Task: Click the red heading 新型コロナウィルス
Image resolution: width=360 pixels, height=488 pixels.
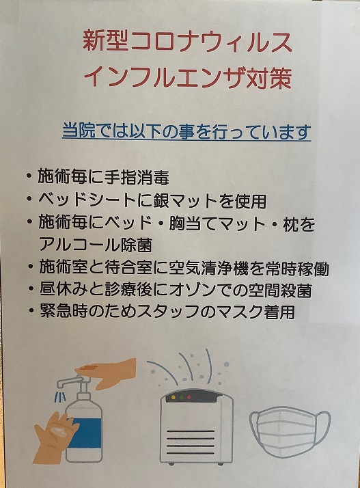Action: pos(187,42)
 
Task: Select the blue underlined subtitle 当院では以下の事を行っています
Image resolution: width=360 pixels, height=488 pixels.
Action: pos(186,132)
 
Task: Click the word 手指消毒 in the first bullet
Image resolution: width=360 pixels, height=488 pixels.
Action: pos(137,178)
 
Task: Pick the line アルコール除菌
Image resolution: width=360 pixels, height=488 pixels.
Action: pos(96,245)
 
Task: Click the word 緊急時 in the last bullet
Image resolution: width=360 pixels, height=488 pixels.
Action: pos(63,312)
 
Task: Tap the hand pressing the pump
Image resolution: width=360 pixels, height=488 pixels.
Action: pos(106,373)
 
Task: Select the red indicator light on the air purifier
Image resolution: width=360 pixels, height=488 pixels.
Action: pos(189,397)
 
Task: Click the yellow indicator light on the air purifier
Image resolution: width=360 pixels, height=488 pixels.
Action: pos(173,397)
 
